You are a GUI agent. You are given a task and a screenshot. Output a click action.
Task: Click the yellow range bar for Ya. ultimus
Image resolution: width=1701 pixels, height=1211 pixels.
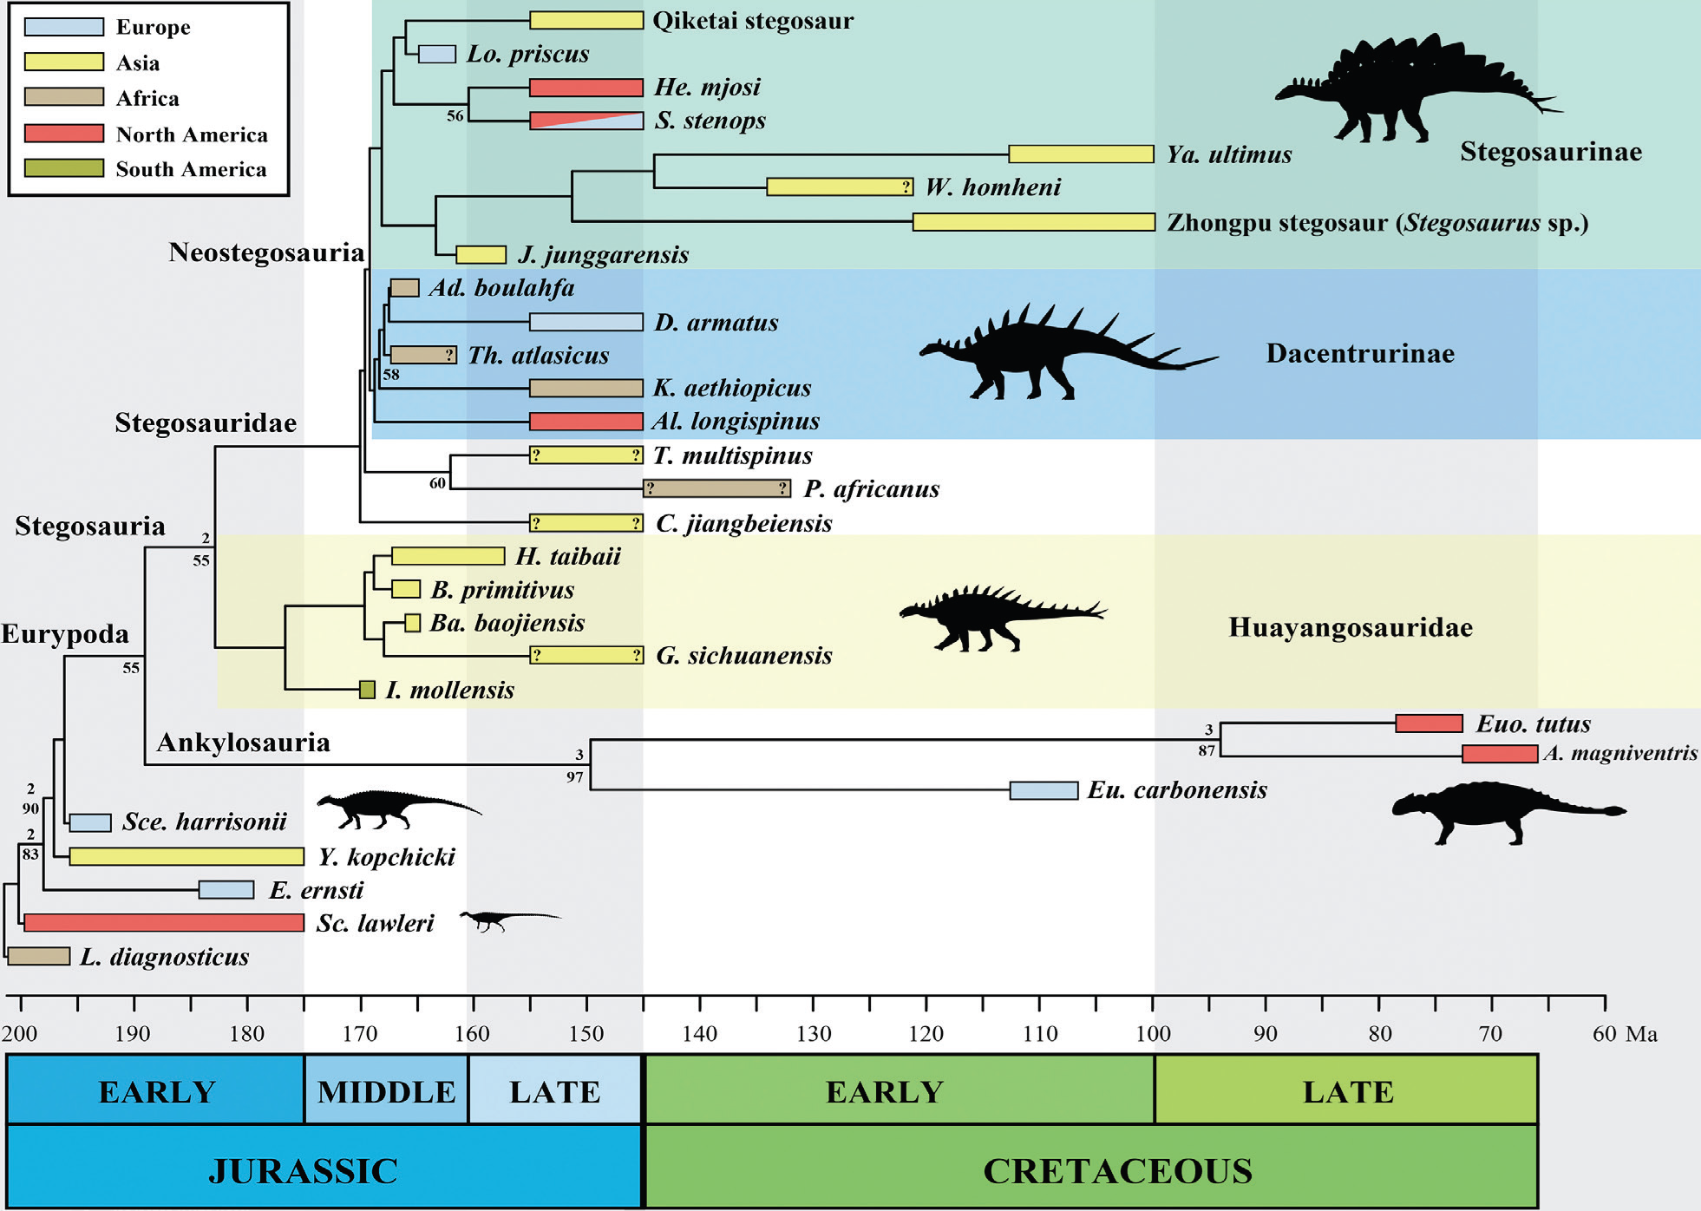click(1081, 154)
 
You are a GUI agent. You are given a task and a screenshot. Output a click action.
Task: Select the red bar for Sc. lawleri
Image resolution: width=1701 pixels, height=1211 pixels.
click(164, 922)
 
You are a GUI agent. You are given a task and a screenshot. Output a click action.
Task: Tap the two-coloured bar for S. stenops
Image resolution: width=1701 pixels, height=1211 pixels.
click(586, 121)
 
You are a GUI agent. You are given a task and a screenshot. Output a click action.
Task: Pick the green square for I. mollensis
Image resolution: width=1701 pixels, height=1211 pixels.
click(368, 690)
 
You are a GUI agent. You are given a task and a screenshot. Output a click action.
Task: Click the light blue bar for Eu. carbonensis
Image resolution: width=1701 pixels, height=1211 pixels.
click(1043, 790)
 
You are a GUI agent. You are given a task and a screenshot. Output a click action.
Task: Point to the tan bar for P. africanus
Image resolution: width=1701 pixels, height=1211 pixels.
click(716, 488)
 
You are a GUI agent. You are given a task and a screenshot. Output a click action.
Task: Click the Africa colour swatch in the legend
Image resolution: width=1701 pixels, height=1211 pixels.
click(64, 97)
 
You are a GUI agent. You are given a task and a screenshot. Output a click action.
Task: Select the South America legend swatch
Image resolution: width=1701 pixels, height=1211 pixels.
click(64, 168)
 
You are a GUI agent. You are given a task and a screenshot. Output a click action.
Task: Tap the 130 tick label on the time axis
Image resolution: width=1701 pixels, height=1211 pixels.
click(814, 1033)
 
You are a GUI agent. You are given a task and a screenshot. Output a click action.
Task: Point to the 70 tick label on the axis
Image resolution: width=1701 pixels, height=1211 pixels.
click(1490, 1033)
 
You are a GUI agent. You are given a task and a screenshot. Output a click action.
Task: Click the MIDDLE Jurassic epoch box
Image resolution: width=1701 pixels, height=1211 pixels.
click(386, 1090)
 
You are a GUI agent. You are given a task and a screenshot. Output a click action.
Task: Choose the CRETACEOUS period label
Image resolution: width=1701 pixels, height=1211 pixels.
click(1117, 1170)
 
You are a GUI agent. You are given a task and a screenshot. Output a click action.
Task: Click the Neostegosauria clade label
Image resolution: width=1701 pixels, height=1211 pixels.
click(266, 252)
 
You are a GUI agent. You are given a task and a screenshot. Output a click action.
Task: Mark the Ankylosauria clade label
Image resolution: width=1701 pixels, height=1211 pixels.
click(243, 743)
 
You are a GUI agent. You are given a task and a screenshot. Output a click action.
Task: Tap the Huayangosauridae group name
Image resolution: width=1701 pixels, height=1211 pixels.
click(1350, 627)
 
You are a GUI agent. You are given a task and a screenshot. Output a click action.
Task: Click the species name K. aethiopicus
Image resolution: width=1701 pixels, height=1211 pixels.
click(732, 388)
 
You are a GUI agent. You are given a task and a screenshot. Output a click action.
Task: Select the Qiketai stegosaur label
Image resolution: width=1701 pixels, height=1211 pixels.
click(753, 21)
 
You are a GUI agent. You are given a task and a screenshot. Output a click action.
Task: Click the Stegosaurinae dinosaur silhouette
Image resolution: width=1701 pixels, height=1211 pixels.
click(1405, 91)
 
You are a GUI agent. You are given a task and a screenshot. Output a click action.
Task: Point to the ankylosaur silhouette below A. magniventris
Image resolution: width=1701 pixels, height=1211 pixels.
click(1506, 811)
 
